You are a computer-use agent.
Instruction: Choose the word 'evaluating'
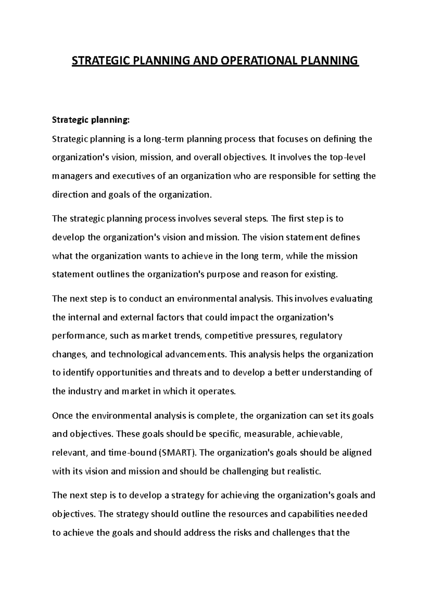pyautogui.click(x=351, y=299)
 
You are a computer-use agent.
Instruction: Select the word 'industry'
pyautogui.click(x=84, y=391)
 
